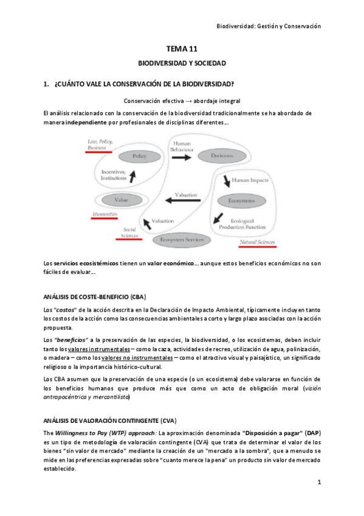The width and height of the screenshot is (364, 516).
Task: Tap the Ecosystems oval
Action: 241,200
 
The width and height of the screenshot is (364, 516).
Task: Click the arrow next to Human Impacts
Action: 227,181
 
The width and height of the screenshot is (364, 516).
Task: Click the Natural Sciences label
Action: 256,243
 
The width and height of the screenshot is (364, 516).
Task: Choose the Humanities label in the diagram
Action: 104,214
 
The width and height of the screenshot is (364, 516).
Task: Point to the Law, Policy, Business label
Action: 100,144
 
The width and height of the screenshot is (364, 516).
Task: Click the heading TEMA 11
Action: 182,51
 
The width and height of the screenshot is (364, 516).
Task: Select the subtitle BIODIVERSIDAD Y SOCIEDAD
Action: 182,64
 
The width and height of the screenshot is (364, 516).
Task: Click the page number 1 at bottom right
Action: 318,482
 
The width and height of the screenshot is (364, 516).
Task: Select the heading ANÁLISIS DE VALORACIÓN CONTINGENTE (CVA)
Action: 109,420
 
